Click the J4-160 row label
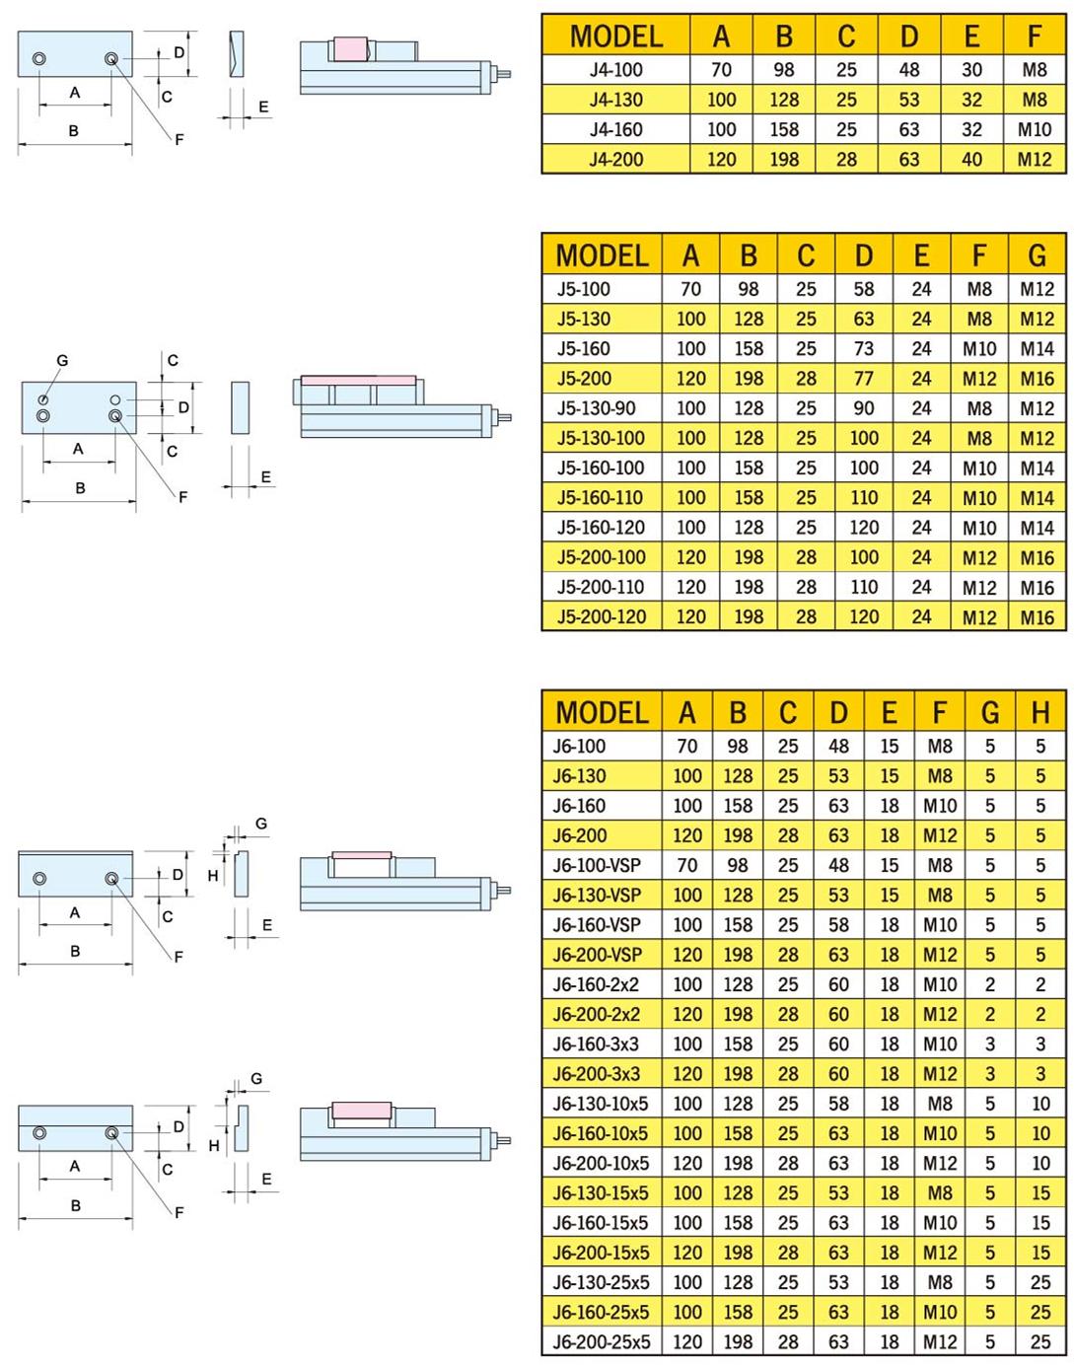[x=615, y=129]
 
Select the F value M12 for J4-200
[x=1034, y=160]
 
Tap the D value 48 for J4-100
[x=909, y=70]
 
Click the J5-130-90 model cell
[x=596, y=408]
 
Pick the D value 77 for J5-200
[x=863, y=379]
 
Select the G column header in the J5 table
[x=1037, y=255]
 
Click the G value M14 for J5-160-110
[x=1037, y=498]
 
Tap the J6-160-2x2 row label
[x=596, y=984]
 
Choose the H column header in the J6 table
[x=1040, y=712]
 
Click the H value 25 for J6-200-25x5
[x=1040, y=1341]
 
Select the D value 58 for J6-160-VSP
[x=838, y=925]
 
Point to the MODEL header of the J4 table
[x=615, y=36]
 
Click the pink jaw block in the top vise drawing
[x=350, y=49]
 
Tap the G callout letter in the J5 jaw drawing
[x=62, y=361]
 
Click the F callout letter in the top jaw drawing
[x=179, y=139]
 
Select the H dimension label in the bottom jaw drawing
[x=214, y=1145]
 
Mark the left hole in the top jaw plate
[x=39, y=59]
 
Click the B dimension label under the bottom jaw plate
[x=76, y=1205]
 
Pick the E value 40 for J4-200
[x=971, y=160]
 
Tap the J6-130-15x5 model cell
[x=601, y=1192]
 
